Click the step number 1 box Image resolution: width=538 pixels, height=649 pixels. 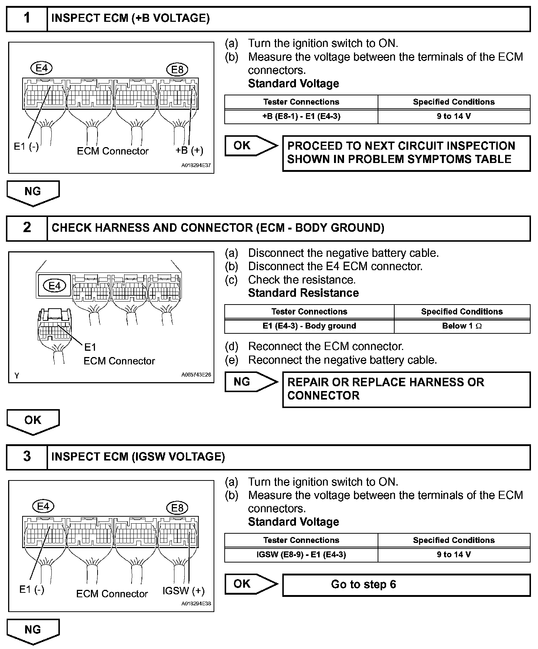click(x=27, y=18)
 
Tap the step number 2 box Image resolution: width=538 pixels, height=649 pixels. click(x=27, y=228)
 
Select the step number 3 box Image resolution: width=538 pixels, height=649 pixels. click(x=27, y=457)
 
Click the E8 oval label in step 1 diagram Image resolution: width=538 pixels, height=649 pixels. click(x=177, y=69)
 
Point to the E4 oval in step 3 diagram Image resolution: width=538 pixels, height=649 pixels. click(x=43, y=506)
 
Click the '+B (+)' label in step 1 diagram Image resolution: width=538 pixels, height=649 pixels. click(x=189, y=150)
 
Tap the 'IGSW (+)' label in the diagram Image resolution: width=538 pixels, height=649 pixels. click(x=183, y=591)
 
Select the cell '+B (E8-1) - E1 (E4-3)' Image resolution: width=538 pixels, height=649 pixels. click(x=301, y=116)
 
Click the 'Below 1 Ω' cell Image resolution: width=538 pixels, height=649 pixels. click(x=462, y=326)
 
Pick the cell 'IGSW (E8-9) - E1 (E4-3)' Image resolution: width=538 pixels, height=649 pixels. click(x=301, y=555)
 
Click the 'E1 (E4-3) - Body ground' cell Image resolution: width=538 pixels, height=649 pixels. click(x=309, y=326)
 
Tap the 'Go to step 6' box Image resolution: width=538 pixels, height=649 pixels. click(x=406, y=585)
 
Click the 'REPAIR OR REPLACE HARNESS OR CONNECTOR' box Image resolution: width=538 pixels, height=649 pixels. click(x=406, y=389)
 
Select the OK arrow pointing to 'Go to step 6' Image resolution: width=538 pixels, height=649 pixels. click(x=251, y=584)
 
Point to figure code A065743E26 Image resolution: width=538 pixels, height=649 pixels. click(x=196, y=375)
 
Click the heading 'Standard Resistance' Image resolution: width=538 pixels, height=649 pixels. click(x=303, y=293)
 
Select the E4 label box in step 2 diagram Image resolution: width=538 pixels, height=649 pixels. click(x=55, y=286)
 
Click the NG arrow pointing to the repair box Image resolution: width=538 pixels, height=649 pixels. click(x=251, y=382)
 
